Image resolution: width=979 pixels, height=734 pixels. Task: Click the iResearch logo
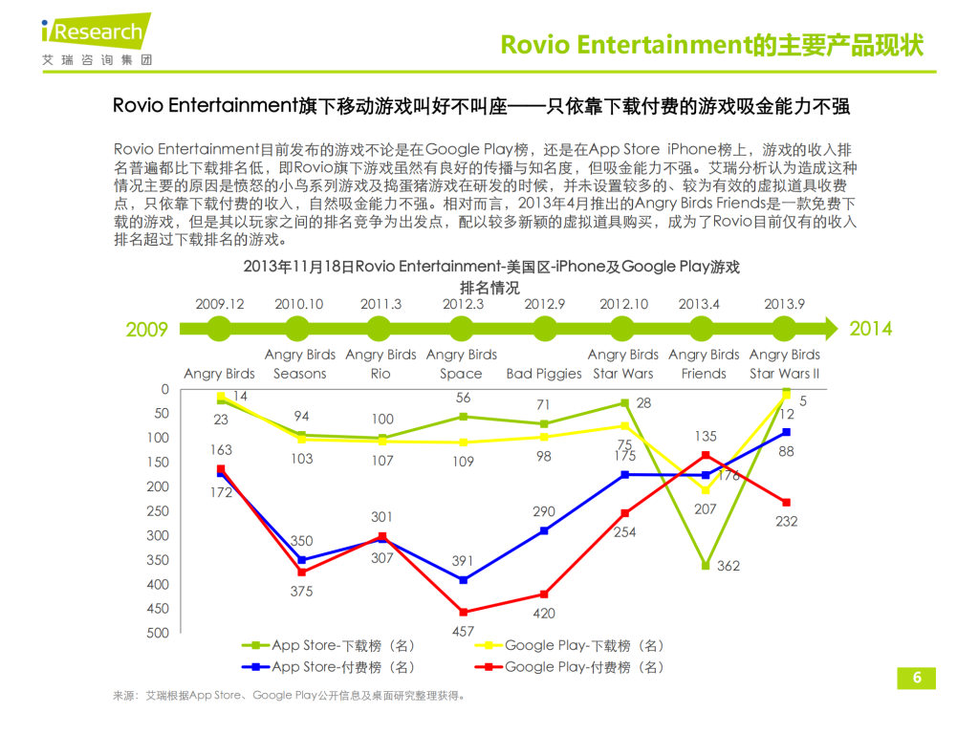point(96,38)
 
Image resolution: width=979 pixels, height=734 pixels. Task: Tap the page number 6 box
point(917,678)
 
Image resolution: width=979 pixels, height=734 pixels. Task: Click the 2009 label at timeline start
point(147,330)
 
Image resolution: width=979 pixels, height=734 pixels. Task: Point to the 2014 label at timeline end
point(871,329)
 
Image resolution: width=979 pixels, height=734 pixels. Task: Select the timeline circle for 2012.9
point(544,329)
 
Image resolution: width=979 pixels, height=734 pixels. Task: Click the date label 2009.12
point(220,304)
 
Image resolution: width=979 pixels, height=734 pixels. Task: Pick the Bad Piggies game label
point(544,374)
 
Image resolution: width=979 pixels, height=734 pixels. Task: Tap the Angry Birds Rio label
point(381,364)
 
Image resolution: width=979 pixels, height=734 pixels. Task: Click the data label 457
point(463,632)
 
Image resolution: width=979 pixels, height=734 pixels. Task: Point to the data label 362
point(729,566)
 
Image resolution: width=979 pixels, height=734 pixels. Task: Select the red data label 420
point(544,614)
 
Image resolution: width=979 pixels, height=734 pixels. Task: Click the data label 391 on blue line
point(463,561)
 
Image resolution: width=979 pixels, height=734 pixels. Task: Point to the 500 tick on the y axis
point(157,633)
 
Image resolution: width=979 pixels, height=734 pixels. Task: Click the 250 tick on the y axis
point(157,511)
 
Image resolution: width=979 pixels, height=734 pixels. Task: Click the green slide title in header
point(712,44)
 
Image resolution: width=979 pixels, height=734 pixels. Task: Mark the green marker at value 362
point(706,566)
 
